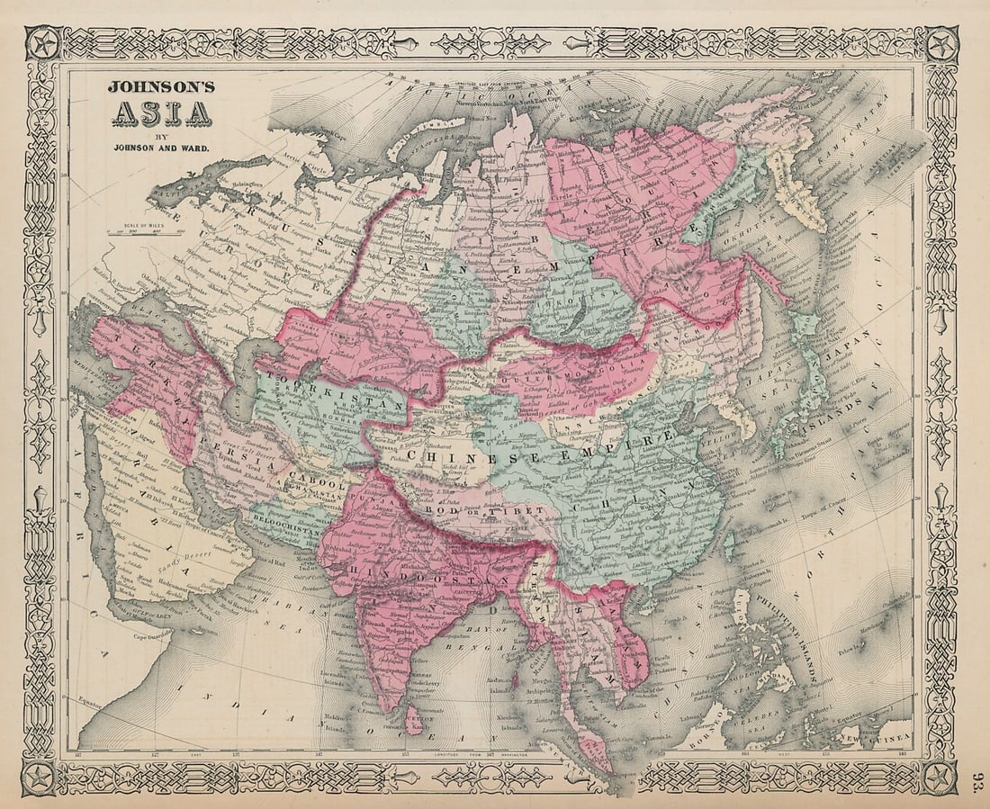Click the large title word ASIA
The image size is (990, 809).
point(161,113)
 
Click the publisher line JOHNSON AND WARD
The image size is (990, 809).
point(161,148)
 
